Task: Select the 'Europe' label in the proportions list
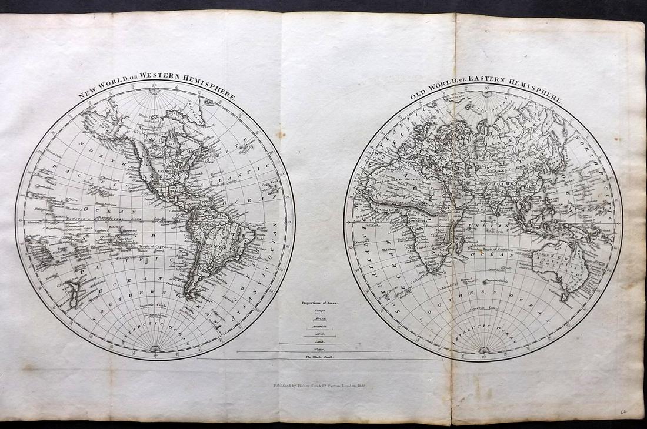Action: pos(320,311)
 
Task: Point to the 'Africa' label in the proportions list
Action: pos(319,317)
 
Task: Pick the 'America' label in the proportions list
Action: pos(319,325)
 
